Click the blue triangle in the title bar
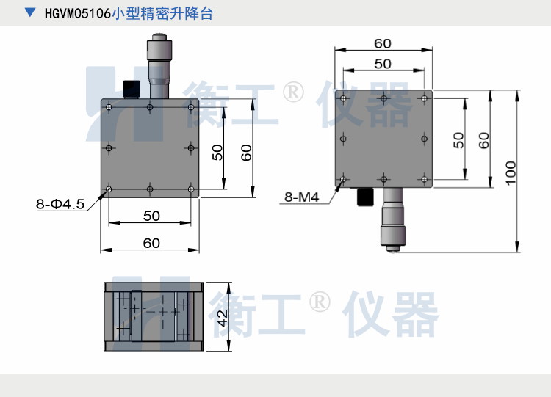pos(29,13)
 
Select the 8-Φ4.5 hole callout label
pos(61,204)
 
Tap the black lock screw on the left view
pos(132,89)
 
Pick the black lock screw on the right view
pos(364,197)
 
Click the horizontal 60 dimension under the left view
pos(151,243)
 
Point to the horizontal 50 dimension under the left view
pos(151,216)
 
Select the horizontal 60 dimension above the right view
pos(383,44)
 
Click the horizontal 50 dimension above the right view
pos(383,64)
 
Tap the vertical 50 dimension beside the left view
pos(218,151)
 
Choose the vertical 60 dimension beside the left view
pos(247,152)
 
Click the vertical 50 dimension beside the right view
pos(458,139)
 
